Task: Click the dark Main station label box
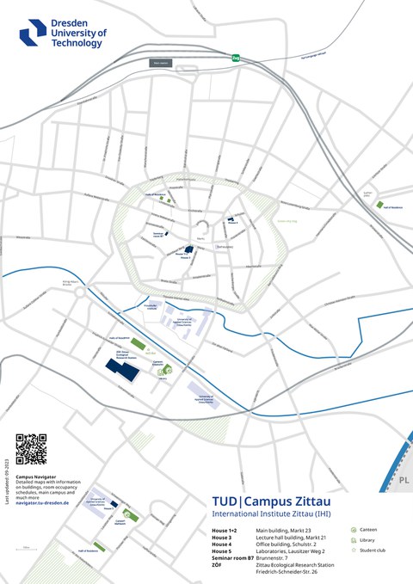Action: point(160,63)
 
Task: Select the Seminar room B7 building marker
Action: point(169,232)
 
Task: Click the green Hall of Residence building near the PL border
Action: point(379,205)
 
